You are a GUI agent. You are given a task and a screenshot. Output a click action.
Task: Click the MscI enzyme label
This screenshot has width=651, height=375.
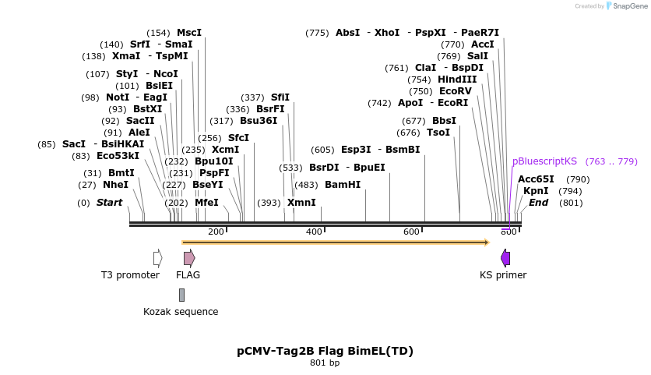[x=189, y=33]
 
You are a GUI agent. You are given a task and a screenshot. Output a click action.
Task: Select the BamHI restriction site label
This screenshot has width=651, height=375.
[x=343, y=185]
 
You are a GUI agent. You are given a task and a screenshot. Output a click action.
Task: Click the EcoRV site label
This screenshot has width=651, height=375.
[x=456, y=91]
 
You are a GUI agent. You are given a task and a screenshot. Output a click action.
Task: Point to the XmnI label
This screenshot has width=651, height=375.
[x=301, y=203]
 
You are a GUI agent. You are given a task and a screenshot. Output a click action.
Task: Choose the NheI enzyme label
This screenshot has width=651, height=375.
[x=115, y=185]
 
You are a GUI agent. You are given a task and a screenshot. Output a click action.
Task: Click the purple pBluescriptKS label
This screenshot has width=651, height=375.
[x=544, y=161]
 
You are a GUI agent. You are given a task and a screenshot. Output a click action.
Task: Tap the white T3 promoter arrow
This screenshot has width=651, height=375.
[x=157, y=258]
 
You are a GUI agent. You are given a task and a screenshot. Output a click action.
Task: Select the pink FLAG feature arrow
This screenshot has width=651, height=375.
[x=188, y=258]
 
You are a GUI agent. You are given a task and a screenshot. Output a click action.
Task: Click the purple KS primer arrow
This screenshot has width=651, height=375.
[x=505, y=258]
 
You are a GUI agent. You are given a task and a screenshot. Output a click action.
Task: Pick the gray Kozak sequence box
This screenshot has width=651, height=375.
[x=181, y=295]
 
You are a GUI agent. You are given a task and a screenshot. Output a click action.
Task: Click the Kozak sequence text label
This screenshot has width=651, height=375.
[x=181, y=312]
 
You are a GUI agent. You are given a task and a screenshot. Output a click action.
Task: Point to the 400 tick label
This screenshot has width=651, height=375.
[x=314, y=232]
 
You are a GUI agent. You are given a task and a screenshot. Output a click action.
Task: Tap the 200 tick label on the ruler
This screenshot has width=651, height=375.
[x=216, y=232]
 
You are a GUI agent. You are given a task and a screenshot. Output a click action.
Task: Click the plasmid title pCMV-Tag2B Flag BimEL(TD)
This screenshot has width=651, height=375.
[x=325, y=351]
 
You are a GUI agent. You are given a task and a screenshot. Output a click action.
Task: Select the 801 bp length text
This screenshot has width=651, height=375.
[x=325, y=363]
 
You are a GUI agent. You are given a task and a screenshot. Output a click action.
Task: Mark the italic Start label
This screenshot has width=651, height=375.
[x=109, y=203]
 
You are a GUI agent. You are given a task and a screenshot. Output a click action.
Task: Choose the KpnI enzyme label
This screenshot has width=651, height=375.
[x=536, y=191]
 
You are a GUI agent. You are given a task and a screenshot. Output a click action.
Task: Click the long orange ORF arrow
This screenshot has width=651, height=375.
[x=335, y=242]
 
